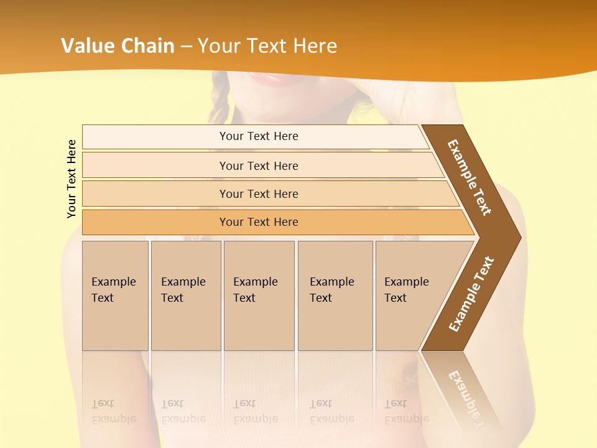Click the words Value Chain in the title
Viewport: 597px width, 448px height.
coord(118,46)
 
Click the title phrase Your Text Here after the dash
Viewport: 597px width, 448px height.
coord(267,46)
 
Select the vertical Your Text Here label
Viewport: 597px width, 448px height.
coord(72,179)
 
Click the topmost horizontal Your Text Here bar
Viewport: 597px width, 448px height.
coord(258,136)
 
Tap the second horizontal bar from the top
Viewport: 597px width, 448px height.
coord(258,166)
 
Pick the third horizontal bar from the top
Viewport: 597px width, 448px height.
coord(258,194)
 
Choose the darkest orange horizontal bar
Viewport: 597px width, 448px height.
coord(258,222)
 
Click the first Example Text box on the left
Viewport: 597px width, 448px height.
coord(115,296)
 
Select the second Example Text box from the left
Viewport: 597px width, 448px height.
coord(185,296)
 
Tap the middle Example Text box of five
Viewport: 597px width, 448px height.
coord(259,296)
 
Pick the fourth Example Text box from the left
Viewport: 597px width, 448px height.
coord(335,296)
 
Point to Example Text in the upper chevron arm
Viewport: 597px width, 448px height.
coord(470,177)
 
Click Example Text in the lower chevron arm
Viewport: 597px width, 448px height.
coord(471,294)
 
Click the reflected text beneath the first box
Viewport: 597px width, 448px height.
coord(113,411)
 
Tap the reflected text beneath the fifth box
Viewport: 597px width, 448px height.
coord(406,411)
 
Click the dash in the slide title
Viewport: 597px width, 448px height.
coord(186,47)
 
